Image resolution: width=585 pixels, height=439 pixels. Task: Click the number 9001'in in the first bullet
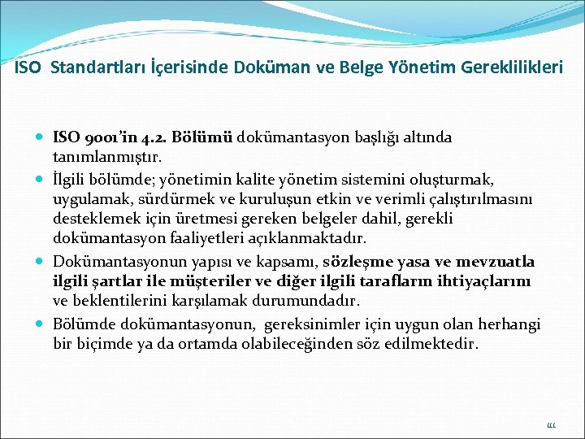pyautogui.click(x=110, y=138)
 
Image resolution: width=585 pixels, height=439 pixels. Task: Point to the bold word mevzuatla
pyautogui.click(x=495, y=262)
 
